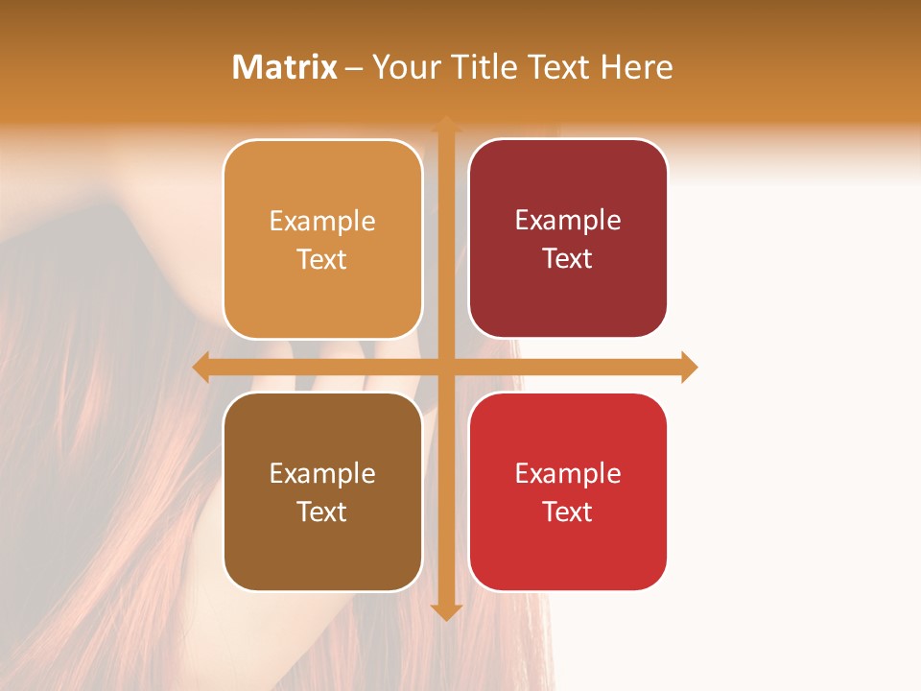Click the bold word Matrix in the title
click(x=285, y=67)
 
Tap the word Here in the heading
click(x=636, y=67)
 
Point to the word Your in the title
click(x=403, y=67)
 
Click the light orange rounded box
click(x=322, y=239)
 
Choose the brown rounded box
click(x=322, y=491)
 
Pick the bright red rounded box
click(x=568, y=491)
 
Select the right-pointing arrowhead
click(x=689, y=367)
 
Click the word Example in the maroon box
click(x=568, y=220)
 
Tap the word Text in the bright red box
click(x=568, y=512)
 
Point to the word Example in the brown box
click(x=322, y=473)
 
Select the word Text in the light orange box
click(x=322, y=259)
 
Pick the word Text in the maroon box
click(x=568, y=258)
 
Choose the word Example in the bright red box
click(x=568, y=473)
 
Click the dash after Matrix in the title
click(x=354, y=68)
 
